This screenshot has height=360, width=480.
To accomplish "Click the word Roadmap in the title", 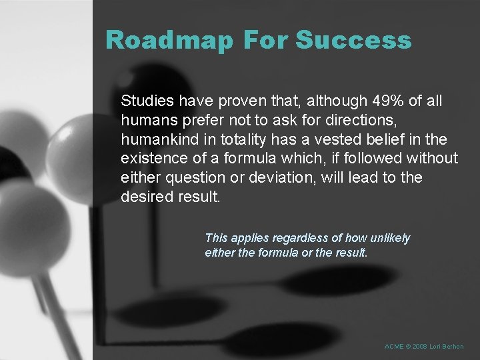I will [x=169, y=41].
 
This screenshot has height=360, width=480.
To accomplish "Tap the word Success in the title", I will [x=353, y=41].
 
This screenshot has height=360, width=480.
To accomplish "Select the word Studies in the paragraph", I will [x=145, y=101].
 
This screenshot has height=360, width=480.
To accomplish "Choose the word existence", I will [x=151, y=159].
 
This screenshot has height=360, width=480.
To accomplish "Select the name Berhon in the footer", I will [x=454, y=347].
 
